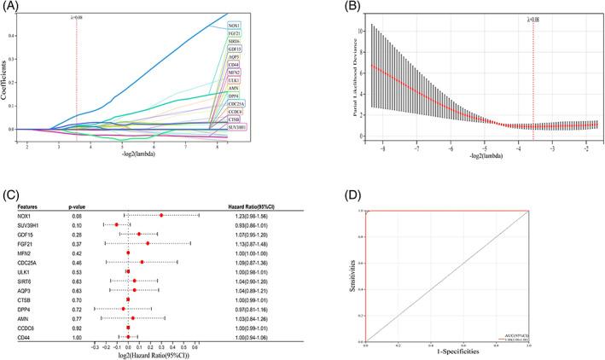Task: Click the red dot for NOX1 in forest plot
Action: [161, 215]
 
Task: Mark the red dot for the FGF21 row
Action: [147, 243]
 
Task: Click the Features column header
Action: [18, 206]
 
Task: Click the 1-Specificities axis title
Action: [447, 351]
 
